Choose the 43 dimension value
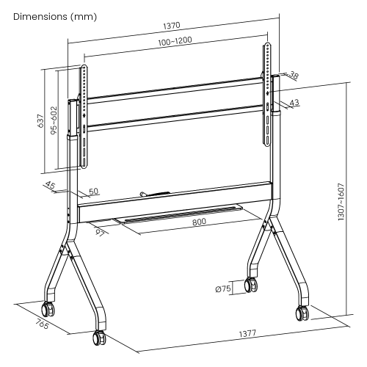[x=294, y=103]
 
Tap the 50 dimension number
[x=93, y=192]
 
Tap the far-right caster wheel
[x=302, y=313]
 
